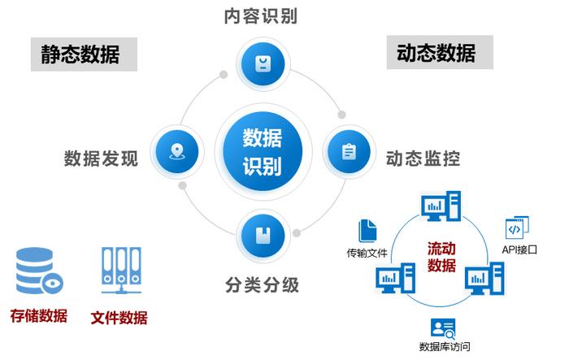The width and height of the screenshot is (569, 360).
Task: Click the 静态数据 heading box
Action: [x=81, y=54]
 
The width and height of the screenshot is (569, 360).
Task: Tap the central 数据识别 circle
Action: [x=263, y=152]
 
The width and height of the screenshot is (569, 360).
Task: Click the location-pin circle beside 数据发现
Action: [x=176, y=152]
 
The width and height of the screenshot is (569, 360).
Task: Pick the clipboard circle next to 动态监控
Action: [x=349, y=152]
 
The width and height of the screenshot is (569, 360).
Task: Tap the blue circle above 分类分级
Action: [x=263, y=236]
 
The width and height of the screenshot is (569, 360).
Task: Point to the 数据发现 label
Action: [x=101, y=158]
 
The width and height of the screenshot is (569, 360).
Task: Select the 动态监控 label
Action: [x=423, y=158]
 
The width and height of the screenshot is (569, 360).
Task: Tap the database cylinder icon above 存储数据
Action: [x=39, y=271]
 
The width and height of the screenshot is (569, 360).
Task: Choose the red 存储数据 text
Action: [x=38, y=315]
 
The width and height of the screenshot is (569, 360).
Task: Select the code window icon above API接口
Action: [x=517, y=227]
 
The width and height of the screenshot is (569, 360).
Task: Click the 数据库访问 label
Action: [x=444, y=347]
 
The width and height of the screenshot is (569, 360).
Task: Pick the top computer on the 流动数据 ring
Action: [x=441, y=206]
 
